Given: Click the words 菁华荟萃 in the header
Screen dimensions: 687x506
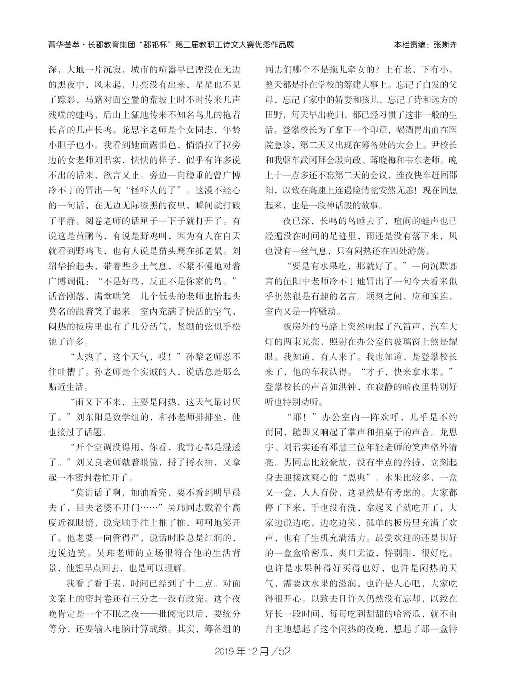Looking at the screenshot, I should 62,45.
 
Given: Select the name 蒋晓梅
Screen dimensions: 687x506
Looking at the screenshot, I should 380,161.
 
